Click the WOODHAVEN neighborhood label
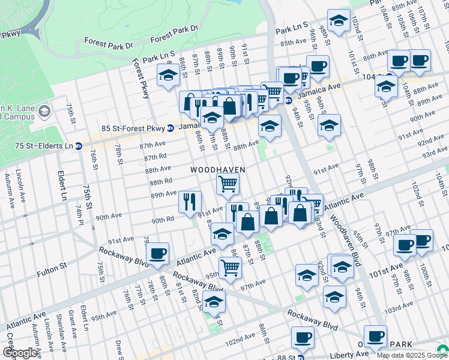tap(218, 170)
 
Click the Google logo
tap(20, 353)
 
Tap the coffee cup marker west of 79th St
tap(157, 254)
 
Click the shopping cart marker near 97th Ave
tap(230, 267)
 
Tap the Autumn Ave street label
tap(9, 191)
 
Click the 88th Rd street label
tap(161, 181)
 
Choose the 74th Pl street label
tap(79, 212)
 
